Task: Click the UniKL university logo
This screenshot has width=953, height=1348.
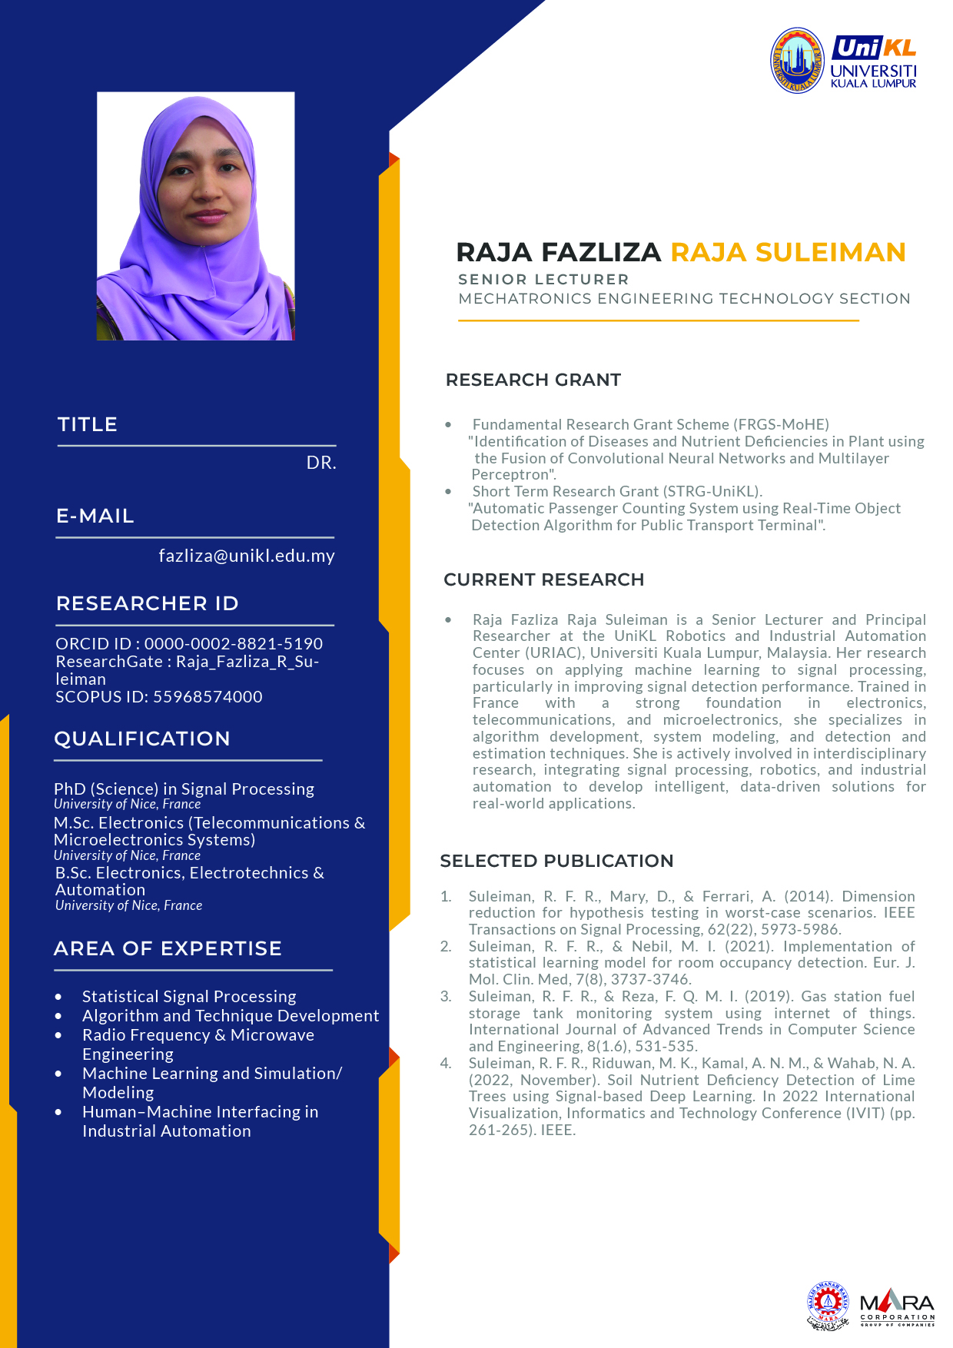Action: pyautogui.click(x=843, y=61)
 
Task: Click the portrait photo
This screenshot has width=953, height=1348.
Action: pyautogui.click(x=195, y=216)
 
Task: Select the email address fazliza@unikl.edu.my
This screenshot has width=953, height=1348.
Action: pyautogui.click(x=246, y=556)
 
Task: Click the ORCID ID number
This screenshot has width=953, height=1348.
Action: pyautogui.click(x=234, y=644)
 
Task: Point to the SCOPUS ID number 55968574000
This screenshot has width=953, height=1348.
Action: pyautogui.click(x=208, y=697)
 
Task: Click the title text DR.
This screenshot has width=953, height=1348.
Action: pyautogui.click(x=321, y=463)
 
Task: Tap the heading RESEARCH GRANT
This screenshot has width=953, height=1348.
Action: pyautogui.click(x=533, y=380)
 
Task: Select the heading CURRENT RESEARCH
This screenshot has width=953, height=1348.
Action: pyautogui.click(x=543, y=579)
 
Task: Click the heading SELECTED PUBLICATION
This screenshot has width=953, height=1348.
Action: pyautogui.click(x=556, y=861)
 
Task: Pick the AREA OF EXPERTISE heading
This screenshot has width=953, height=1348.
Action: pyautogui.click(x=168, y=948)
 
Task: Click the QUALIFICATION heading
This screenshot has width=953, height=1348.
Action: pyautogui.click(x=142, y=739)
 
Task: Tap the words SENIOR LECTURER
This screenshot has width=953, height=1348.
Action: pyautogui.click(x=543, y=280)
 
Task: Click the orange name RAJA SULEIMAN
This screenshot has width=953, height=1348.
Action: pyautogui.click(x=788, y=252)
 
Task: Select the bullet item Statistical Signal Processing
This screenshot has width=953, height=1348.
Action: pyautogui.click(x=189, y=997)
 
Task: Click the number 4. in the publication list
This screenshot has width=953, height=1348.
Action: pyautogui.click(x=446, y=1064)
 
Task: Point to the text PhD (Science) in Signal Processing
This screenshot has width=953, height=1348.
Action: pyautogui.click(x=184, y=789)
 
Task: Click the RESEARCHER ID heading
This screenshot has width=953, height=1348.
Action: pyautogui.click(x=147, y=603)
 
